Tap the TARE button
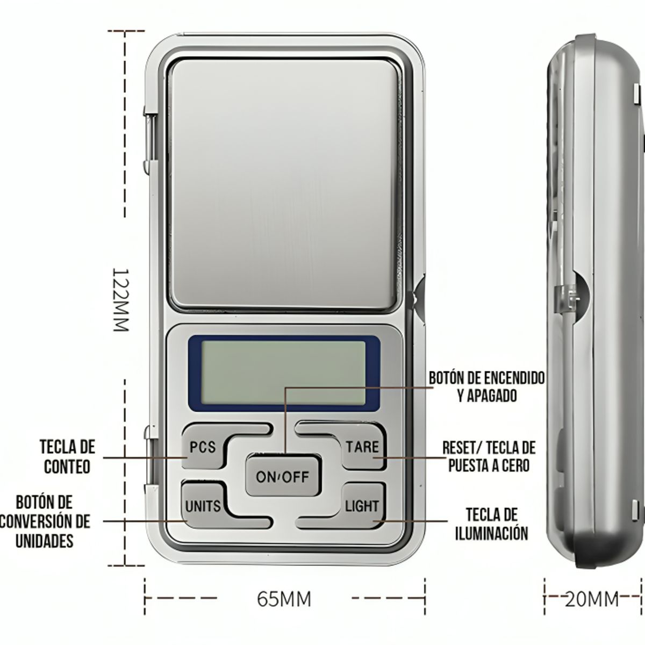click(362, 447)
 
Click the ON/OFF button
click(282, 477)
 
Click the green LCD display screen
click(283, 373)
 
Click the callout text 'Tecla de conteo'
click(67, 456)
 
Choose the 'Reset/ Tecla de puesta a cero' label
click(489, 456)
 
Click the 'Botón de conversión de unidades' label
click(45, 521)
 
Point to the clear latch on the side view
click(565, 297)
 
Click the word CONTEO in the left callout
click(67, 467)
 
